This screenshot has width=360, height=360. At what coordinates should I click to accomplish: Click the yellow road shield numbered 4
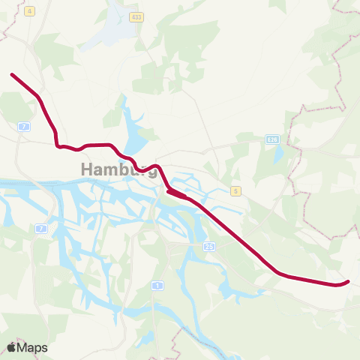pyautogui.click(x=29, y=12)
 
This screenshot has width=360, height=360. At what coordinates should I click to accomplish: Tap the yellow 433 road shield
pyautogui.click(x=136, y=17)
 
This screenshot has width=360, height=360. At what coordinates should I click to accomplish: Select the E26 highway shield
pyautogui.click(x=273, y=139)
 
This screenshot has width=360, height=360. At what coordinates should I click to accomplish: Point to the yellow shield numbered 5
pyautogui.click(x=235, y=191)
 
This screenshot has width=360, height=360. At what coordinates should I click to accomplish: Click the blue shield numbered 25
pyautogui.click(x=208, y=246)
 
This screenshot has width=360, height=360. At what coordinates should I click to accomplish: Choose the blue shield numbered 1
pyautogui.click(x=157, y=286)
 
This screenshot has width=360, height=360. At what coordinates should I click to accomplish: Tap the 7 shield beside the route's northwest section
pyautogui.click(x=25, y=126)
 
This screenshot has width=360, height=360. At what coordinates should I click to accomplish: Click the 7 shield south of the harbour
pyautogui.click(x=40, y=228)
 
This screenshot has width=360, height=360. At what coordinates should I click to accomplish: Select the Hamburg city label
pyautogui.click(x=118, y=170)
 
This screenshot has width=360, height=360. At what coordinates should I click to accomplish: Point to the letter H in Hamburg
pyautogui.click(x=86, y=170)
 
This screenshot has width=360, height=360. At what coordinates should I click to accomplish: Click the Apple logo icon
pyautogui.click(x=12, y=347)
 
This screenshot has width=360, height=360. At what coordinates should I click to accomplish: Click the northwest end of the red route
pyautogui.click(x=11, y=74)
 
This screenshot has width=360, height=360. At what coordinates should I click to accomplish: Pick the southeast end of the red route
pyautogui.click(x=348, y=282)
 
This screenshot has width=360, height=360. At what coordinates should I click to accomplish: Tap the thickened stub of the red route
pyautogui.click(x=176, y=194)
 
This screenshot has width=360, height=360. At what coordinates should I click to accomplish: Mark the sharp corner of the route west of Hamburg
pyautogui.click(x=57, y=145)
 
